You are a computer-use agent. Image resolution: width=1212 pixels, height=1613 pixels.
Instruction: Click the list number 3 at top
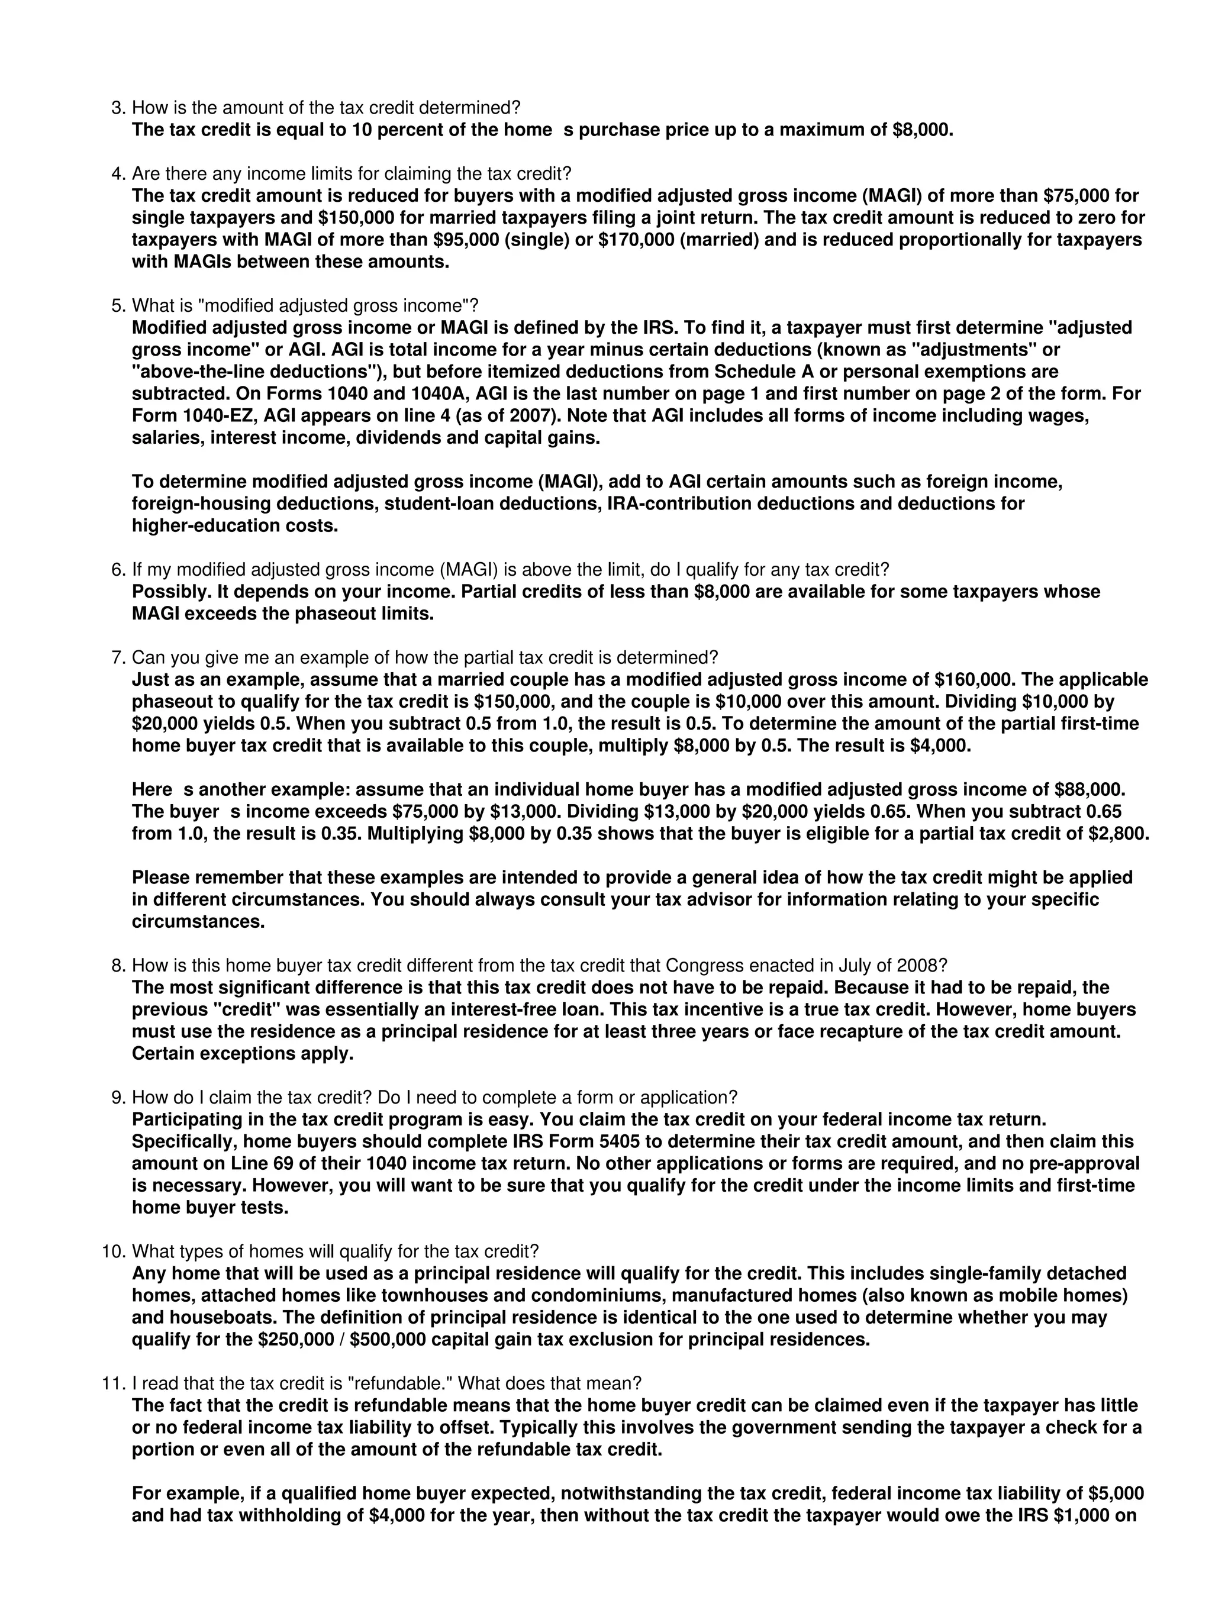click(x=117, y=108)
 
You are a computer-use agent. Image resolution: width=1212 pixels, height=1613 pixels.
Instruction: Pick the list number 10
click(x=113, y=1252)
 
